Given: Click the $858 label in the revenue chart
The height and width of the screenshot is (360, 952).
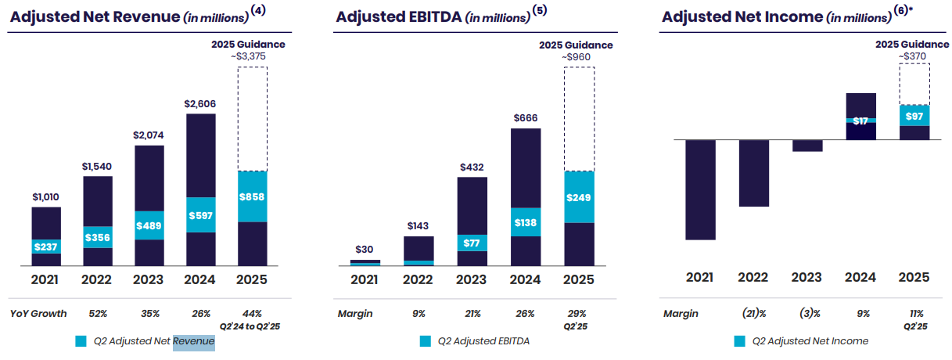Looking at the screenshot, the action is [x=252, y=196].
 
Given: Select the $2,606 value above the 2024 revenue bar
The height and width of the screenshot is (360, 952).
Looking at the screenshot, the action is [x=199, y=104].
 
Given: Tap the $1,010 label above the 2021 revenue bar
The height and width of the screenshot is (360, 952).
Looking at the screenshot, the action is [x=45, y=196].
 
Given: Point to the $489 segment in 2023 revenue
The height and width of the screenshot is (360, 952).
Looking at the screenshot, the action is [x=149, y=225].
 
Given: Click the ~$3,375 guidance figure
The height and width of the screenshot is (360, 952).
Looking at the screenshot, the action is [x=248, y=56].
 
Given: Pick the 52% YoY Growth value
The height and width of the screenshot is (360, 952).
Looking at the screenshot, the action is [x=98, y=314].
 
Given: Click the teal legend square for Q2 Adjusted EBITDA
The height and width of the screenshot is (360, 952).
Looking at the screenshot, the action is [x=426, y=341].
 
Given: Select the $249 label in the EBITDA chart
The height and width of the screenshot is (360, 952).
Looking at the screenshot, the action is [x=578, y=198].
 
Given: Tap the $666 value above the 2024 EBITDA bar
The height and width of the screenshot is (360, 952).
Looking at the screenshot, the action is [x=526, y=117].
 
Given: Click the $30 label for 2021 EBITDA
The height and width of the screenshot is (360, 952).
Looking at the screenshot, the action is [x=365, y=250].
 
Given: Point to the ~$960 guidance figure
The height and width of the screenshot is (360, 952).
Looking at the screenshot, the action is [x=576, y=57].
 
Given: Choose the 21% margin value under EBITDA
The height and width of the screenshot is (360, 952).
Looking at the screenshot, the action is [x=472, y=314].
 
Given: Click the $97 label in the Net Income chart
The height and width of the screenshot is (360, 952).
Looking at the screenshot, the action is [x=914, y=117].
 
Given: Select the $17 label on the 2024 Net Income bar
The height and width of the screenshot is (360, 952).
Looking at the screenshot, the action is [x=860, y=121].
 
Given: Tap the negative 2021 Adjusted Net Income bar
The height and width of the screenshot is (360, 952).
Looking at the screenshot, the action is [x=700, y=189].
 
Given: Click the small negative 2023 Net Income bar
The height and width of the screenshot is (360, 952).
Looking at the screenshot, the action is [x=807, y=146].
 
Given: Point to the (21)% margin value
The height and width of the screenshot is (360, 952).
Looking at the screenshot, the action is [x=754, y=314].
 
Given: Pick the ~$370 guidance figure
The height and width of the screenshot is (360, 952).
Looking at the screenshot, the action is [x=912, y=56].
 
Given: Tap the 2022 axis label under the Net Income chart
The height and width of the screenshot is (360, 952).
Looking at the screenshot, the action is [x=753, y=278].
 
